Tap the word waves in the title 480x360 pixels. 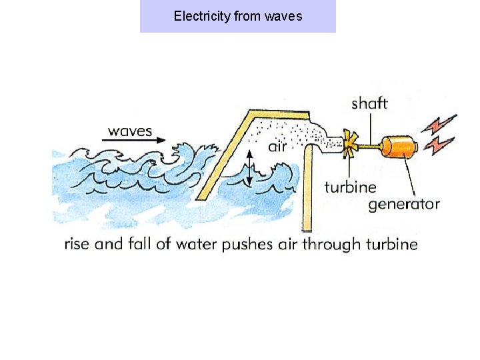(x=283, y=15)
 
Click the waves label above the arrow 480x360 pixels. (x=130, y=130)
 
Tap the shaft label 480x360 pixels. (x=369, y=103)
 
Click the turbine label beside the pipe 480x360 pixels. (x=351, y=187)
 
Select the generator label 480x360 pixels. (x=404, y=203)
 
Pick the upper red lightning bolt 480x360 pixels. (x=443, y=124)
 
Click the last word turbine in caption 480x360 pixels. (x=390, y=244)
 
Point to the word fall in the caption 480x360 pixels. (x=139, y=244)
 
